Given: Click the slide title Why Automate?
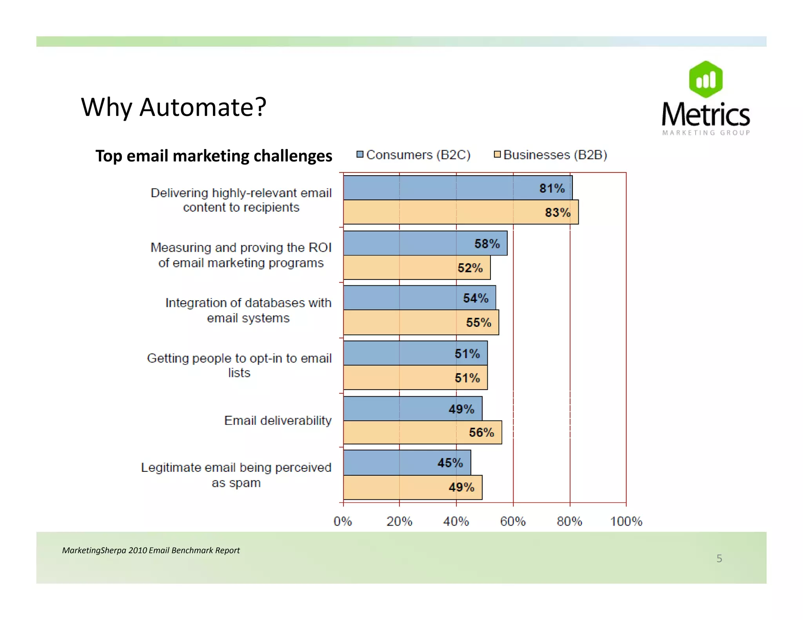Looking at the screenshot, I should click(173, 107).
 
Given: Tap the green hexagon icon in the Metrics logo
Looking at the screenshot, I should click(706, 80).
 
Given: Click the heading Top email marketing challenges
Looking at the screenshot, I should click(214, 156).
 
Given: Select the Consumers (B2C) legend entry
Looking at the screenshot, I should click(414, 155).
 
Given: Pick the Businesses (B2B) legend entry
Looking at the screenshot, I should click(551, 155).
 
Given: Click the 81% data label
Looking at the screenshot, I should click(552, 189).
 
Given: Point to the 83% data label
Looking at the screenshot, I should click(558, 212).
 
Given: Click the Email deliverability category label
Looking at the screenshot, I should click(278, 421).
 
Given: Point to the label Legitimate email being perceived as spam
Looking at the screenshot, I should click(236, 475).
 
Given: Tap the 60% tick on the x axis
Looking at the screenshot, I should click(513, 521).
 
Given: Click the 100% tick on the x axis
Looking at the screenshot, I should click(626, 521).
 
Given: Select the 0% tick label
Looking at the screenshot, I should click(343, 521).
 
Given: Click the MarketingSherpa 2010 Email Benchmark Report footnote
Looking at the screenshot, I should click(151, 550).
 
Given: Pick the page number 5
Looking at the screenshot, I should click(719, 558).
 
